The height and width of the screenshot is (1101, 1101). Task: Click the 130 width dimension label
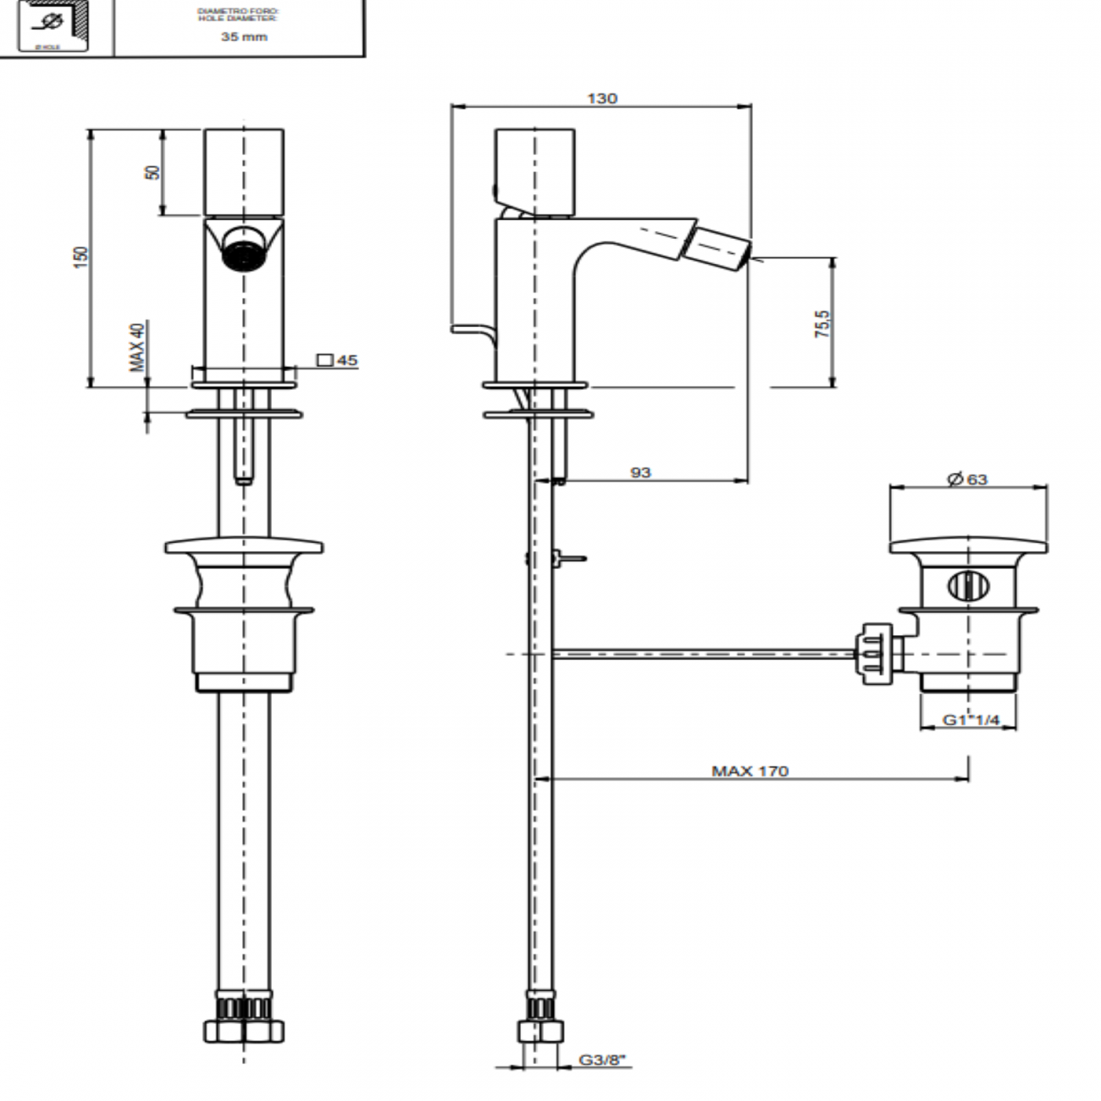point(602,98)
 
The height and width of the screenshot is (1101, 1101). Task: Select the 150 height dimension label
point(80,257)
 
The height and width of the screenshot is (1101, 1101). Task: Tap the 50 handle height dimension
point(152,171)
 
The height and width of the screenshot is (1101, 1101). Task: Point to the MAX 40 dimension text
point(137,346)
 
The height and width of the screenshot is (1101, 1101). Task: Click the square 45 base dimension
point(338,361)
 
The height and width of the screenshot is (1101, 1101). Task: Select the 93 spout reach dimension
point(641,472)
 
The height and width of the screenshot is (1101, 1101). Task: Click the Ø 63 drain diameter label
point(967,479)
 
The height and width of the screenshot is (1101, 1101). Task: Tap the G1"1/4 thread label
point(971,721)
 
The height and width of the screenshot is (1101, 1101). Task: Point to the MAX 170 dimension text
point(750,771)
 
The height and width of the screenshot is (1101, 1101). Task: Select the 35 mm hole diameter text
point(244,37)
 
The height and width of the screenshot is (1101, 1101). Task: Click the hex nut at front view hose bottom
point(244,1030)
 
